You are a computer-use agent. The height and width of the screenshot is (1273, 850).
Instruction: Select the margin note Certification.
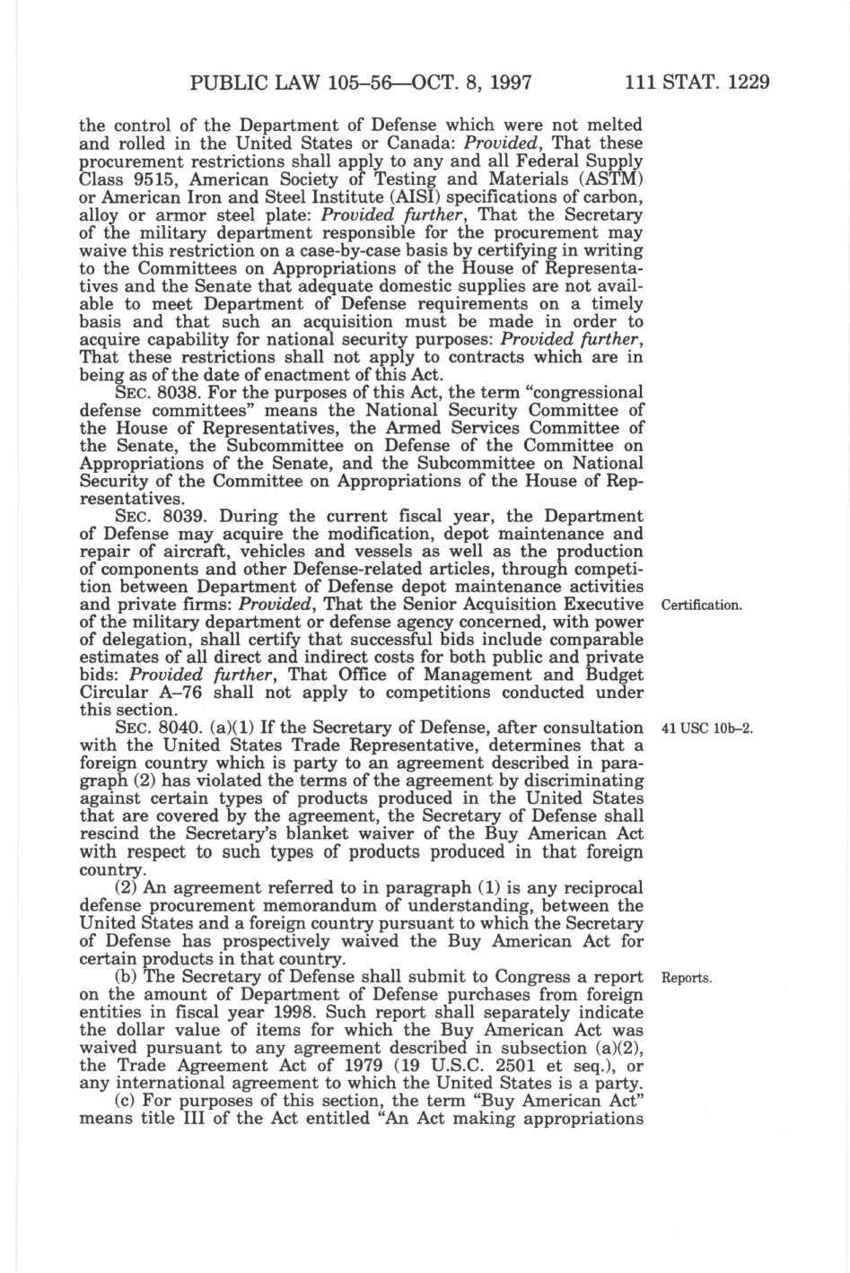[x=701, y=605]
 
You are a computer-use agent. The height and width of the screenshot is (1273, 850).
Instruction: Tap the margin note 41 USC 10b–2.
[x=705, y=728]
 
